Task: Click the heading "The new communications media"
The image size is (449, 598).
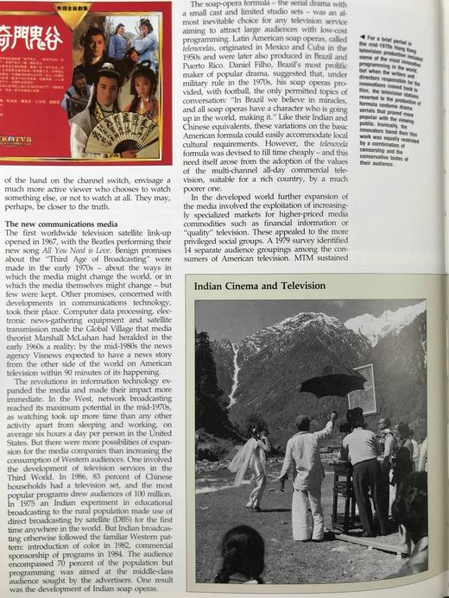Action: point(57,223)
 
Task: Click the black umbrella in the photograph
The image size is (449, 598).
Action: point(332,382)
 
